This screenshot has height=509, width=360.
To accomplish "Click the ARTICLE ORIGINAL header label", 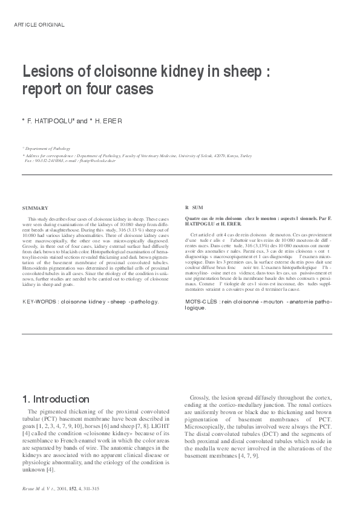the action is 39,25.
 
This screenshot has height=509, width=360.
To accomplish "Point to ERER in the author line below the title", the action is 112,121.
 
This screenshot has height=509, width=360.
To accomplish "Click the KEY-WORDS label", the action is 40,300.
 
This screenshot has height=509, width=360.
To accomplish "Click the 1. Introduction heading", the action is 56,399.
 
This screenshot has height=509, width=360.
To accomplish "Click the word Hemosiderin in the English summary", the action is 35,273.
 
